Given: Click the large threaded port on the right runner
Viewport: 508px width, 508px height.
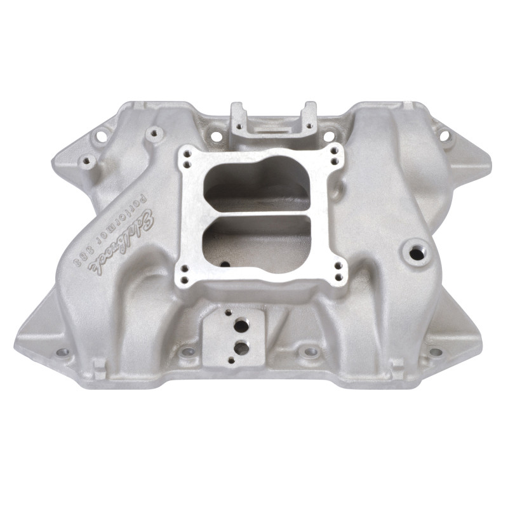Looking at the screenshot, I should [416, 253].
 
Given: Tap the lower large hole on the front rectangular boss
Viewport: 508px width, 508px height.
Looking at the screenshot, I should [241, 347].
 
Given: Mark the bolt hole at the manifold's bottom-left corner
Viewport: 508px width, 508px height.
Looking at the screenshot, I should [62, 352].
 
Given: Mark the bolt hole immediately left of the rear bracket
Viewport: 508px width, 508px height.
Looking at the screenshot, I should [216, 135].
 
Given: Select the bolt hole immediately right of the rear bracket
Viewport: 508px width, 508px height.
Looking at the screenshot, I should [328, 136].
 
